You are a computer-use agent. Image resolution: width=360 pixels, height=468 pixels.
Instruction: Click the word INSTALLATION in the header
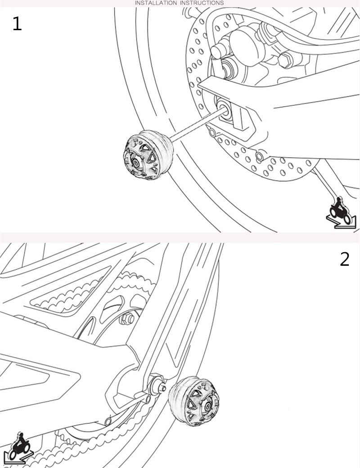pos(156,3)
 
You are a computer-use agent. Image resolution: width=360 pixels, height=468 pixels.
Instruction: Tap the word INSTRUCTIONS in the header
pos(202,3)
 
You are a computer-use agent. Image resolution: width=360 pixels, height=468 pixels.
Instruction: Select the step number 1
pos(17,24)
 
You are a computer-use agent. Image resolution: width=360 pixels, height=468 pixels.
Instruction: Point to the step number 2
pos(345,259)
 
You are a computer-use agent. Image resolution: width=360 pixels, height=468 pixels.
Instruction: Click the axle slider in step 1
pos(148,155)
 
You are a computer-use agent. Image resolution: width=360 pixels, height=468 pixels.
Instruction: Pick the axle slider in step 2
pos(194,401)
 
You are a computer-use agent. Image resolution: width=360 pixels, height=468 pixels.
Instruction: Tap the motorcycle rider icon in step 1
pos(341,212)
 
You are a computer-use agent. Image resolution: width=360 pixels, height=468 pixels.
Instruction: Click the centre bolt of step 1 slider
pos(136,163)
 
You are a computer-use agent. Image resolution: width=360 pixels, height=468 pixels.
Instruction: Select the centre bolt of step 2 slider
pos(207,407)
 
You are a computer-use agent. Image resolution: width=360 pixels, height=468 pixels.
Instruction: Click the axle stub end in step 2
pos(163,388)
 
